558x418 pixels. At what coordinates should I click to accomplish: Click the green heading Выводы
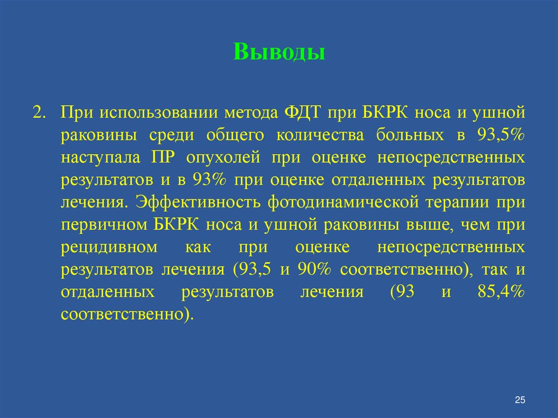click(x=280, y=53)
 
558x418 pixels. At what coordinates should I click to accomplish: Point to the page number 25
click(x=519, y=401)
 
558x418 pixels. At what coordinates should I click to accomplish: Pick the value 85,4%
click(x=500, y=292)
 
